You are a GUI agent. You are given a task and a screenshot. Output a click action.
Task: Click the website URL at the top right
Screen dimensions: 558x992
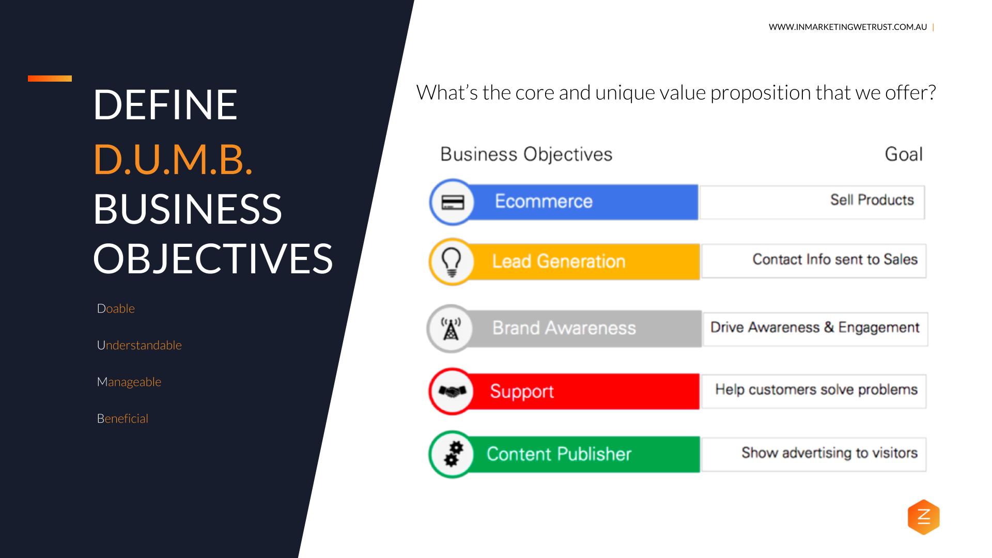coord(847,27)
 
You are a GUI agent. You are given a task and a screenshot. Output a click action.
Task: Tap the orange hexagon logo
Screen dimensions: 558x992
coord(923,517)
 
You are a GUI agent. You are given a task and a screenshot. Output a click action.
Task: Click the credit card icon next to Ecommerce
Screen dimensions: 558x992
coord(453,202)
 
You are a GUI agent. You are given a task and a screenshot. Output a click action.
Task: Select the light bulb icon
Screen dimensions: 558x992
coord(452,261)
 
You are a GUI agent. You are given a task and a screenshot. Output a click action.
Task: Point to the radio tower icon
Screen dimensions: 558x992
coord(451,329)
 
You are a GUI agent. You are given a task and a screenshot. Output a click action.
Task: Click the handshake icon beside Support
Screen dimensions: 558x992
coord(452,391)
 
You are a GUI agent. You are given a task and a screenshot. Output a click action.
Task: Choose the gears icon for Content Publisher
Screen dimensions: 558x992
coord(453,454)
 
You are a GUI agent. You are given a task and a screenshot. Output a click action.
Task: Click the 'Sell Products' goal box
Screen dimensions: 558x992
coord(812,202)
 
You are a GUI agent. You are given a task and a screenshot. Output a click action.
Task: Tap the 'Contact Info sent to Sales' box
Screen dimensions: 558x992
coord(813,261)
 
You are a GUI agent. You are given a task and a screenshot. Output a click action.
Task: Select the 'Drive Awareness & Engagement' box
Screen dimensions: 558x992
coord(815,329)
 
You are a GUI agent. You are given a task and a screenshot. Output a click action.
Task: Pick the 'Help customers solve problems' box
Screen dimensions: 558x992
coord(813,391)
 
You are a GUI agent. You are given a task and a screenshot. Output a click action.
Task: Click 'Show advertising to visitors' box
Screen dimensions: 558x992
coord(813,454)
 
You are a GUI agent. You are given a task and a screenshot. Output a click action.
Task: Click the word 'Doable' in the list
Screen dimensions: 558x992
coord(116,308)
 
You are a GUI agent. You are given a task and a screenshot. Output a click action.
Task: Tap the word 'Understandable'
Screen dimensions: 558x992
coord(139,345)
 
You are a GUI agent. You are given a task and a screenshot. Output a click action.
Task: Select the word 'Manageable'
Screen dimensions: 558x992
coord(129,382)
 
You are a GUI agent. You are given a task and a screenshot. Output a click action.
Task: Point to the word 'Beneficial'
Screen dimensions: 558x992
coord(122,419)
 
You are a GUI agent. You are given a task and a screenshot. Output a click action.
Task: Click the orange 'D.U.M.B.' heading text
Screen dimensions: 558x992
coord(173,159)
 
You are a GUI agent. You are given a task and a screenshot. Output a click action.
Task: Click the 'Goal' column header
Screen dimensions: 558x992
coord(903,154)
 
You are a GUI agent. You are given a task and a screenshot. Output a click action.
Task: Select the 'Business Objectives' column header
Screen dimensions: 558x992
coord(526,154)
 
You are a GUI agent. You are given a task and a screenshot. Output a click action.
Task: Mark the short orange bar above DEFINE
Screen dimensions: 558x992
coord(50,79)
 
